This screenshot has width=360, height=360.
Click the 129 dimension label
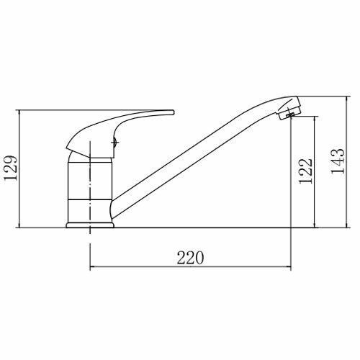[x=11, y=168]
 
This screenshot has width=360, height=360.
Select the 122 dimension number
[x=306, y=171]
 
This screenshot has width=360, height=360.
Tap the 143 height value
[x=338, y=161]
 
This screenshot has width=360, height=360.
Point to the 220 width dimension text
[x=190, y=258]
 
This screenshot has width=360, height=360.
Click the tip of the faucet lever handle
[x=174, y=112]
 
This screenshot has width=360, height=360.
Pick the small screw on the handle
[x=115, y=143]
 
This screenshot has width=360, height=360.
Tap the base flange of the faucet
[x=90, y=225]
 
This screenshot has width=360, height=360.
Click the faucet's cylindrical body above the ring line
[x=90, y=181]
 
